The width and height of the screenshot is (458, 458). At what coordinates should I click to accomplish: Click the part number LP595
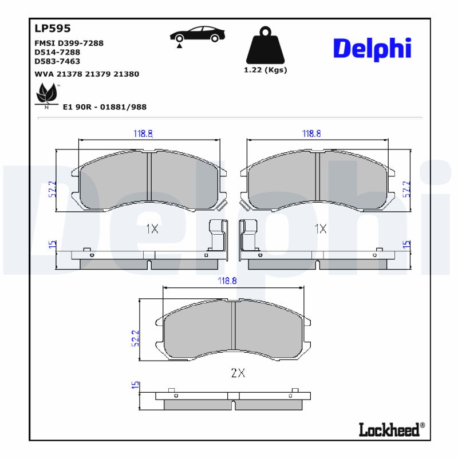[52, 28]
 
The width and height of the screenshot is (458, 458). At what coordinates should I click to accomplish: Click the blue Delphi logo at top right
[372, 49]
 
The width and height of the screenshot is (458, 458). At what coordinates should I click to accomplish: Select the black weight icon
[265, 46]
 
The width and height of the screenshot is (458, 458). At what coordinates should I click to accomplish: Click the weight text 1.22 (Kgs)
[265, 70]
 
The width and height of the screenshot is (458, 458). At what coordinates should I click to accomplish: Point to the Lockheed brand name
[389, 430]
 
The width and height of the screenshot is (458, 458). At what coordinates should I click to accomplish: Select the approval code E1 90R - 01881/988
[101, 107]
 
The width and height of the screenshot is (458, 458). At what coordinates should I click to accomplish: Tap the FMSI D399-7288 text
[69, 43]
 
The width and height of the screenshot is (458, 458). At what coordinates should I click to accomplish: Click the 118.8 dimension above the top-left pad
[143, 133]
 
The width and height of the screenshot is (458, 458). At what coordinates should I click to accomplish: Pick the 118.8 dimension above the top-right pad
[311, 133]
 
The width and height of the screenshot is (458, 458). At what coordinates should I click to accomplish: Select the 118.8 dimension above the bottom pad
[227, 281]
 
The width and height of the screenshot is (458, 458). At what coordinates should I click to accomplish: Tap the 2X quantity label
[238, 373]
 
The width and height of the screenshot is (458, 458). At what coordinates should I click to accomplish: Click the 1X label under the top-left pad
[152, 229]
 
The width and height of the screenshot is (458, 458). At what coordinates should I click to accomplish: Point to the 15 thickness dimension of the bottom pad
[135, 386]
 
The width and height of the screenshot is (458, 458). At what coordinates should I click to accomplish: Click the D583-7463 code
[57, 61]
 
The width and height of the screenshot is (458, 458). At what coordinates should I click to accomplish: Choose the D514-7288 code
[57, 52]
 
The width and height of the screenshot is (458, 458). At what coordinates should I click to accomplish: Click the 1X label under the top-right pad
[320, 229]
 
